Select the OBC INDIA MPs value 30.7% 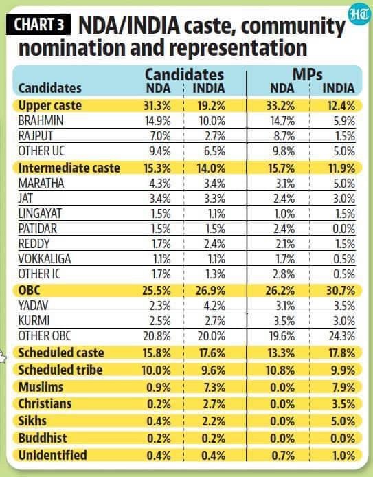(337, 291)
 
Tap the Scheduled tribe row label (60, 370)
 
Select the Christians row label (44, 403)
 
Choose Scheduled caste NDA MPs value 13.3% (282, 353)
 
